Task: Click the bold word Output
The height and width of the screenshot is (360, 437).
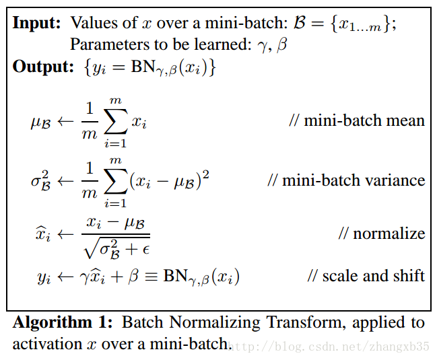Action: coord(42,67)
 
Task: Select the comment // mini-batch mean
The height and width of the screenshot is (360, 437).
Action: coord(357,121)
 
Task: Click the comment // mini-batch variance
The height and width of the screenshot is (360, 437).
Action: coord(346,180)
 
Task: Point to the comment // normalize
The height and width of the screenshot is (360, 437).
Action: coord(382,233)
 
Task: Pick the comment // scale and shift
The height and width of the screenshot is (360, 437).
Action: coord(366,276)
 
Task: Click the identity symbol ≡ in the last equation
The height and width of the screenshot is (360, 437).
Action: coord(150,277)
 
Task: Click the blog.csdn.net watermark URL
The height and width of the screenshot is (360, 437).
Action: coord(330,347)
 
